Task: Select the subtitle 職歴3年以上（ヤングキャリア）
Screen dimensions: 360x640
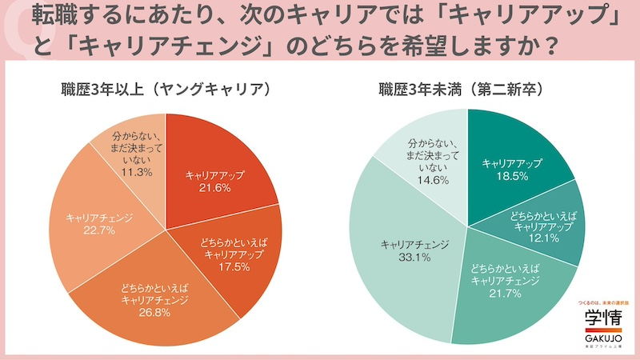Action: click(166, 89)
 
